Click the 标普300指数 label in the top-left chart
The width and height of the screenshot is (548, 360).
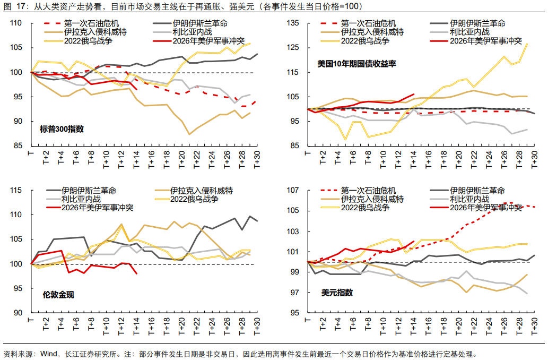(62, 128)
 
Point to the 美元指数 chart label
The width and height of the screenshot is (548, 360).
(337, 293)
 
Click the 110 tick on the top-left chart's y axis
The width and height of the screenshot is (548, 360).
(16, 23)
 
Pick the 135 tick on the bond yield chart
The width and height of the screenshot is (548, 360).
(293, 23)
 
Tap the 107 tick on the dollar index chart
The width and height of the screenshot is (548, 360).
(293, 190)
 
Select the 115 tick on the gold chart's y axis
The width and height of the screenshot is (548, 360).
(16, 191)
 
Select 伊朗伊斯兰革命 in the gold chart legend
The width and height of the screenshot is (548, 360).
(89, 191)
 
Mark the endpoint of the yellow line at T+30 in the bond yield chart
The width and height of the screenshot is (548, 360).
(527, 44)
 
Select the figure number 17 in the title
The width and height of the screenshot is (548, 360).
(21, 7)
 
